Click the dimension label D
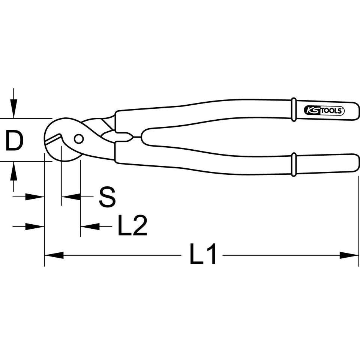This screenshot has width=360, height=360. (x=14, y=140)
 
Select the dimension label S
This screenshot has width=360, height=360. (x=107, y=197)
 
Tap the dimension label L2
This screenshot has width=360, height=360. (x=132, y=225)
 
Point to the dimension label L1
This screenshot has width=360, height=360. (x=202, y=254)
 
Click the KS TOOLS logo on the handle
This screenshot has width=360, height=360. (x=324, y=111)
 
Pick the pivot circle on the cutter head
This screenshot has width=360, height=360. (x=79, y=139)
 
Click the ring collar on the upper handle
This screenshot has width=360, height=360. (x=294, y=109)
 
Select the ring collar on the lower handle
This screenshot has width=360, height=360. (x=294, y=164)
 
